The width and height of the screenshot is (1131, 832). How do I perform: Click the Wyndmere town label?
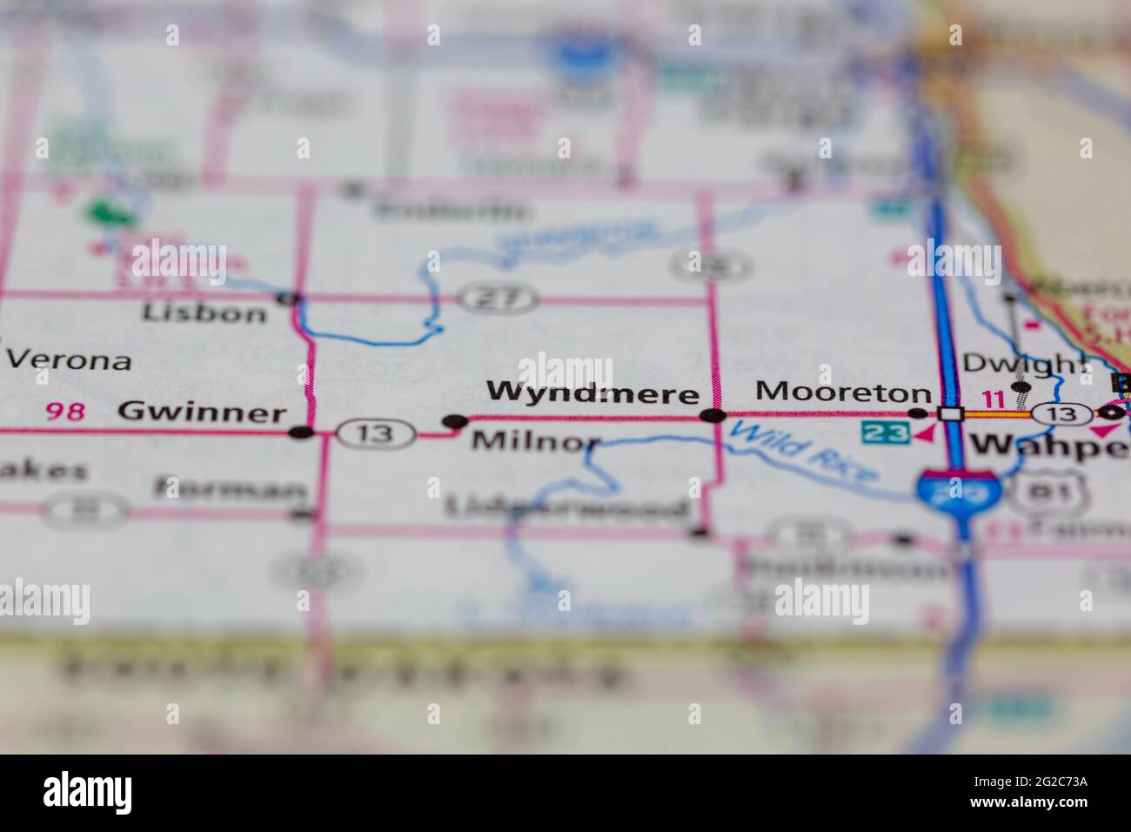point(592,393)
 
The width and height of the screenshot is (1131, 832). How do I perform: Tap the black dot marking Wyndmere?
point(713,416)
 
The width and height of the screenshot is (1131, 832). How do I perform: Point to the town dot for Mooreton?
point(918,413)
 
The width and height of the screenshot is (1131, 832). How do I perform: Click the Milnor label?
point(535,441)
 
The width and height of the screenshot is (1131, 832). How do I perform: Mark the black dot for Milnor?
point(454,422)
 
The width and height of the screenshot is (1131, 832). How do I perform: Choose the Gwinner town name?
point(201,412)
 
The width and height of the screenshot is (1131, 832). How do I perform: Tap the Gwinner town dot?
point(301,432)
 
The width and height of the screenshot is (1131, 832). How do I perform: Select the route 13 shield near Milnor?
point(375,433)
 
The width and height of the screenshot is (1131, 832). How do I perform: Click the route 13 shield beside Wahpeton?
point(1062,414)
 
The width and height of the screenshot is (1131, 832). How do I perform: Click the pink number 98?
point(66,411)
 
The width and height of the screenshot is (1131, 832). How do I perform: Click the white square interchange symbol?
point(953,414)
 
